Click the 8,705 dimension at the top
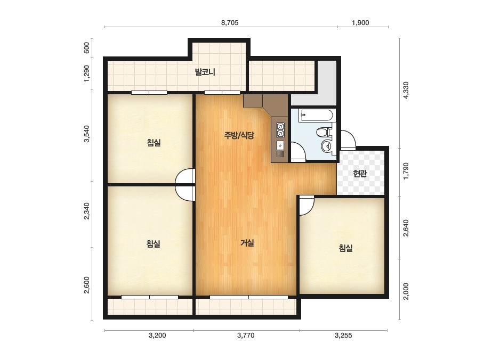(x=230, y=23)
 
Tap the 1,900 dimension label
(x=360, y=23)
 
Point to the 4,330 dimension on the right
(x=406, y=91)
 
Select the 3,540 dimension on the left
(x=86, y=134)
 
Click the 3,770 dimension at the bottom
(x=246, y=336)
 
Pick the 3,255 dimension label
(x=343, y=336)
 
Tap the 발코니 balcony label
(x=205, y=72)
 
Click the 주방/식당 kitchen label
(x=239, y=135)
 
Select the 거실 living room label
(x=247, y=243)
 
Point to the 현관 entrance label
(x=360, y=174)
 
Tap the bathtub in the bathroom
(x=316, y=115)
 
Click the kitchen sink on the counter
(x=280, y=146)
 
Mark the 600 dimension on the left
(x=86, y=48)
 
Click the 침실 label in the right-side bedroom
(x=345, y=248)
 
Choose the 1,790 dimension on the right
(x=406, y=171)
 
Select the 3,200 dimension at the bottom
(x=157, y=336)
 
